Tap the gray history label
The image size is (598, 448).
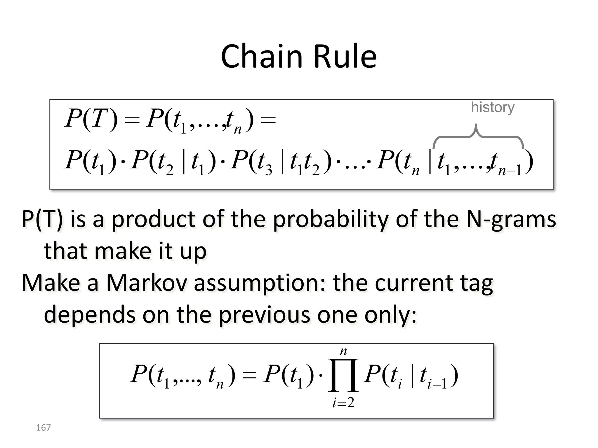pos(493,107)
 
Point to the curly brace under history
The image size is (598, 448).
pos(478,137)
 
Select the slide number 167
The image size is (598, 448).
pos(43,428)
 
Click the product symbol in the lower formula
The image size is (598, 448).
pos(343,375)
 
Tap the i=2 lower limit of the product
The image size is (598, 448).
pos(343,403)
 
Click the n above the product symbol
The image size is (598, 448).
pos(343,351)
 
